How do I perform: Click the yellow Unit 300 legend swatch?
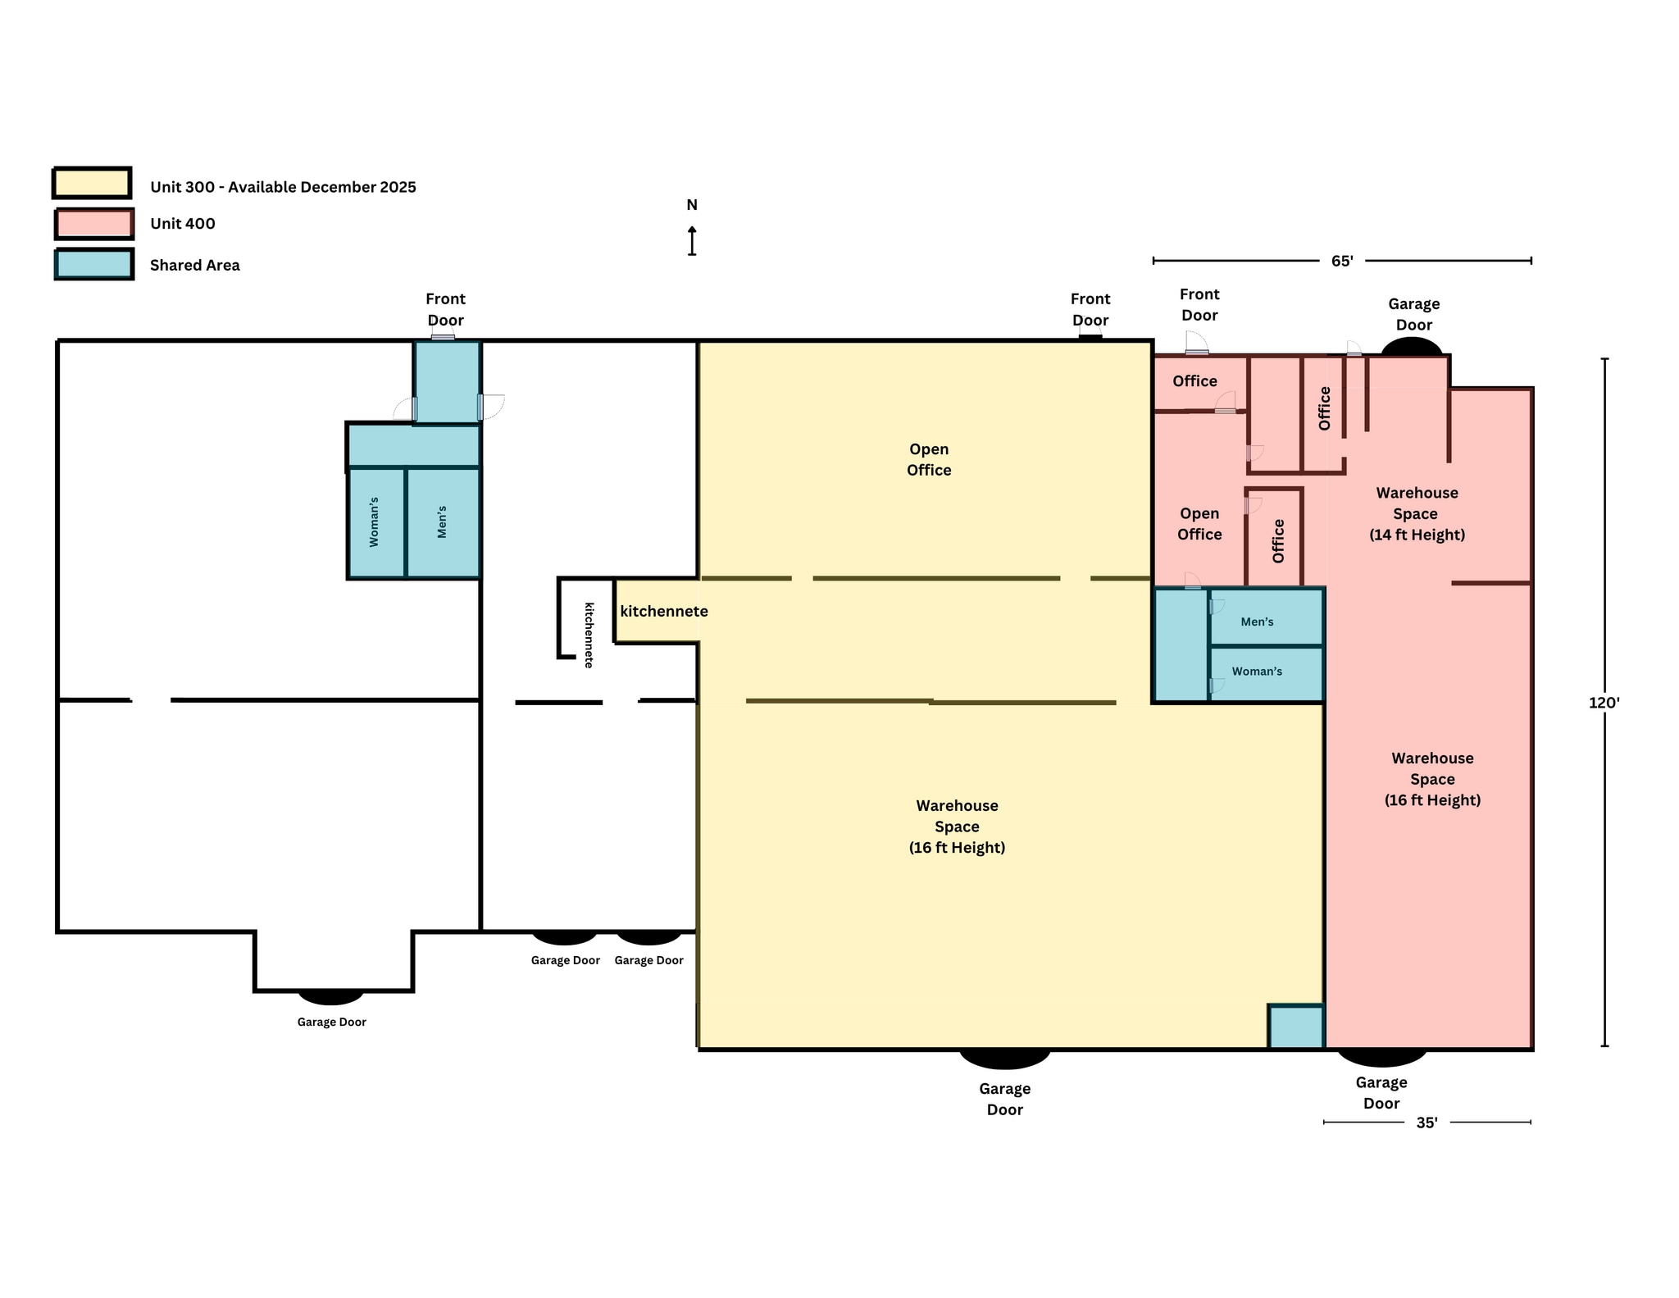(92, 184)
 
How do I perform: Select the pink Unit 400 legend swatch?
(94, 224)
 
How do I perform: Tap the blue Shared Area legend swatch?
(94, 265)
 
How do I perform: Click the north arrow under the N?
(692, 241)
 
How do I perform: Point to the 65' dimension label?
(1341, 262)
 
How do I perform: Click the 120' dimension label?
(1604, 703)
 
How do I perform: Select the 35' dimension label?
(1426, 1123)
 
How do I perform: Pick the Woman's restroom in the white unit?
(375, 522)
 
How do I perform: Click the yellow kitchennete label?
(663, 612)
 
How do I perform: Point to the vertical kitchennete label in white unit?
(589, 635)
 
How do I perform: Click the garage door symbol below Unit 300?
(1004, 1058)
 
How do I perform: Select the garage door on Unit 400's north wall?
(1411, 347)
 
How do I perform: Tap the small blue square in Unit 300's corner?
(1295, 1027)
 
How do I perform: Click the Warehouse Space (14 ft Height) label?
(1417, 514)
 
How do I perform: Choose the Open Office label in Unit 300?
(929, 460)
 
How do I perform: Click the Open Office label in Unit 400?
(1199, 524)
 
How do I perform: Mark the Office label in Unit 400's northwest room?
(1194, 381)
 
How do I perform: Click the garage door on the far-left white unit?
(330, 996)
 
